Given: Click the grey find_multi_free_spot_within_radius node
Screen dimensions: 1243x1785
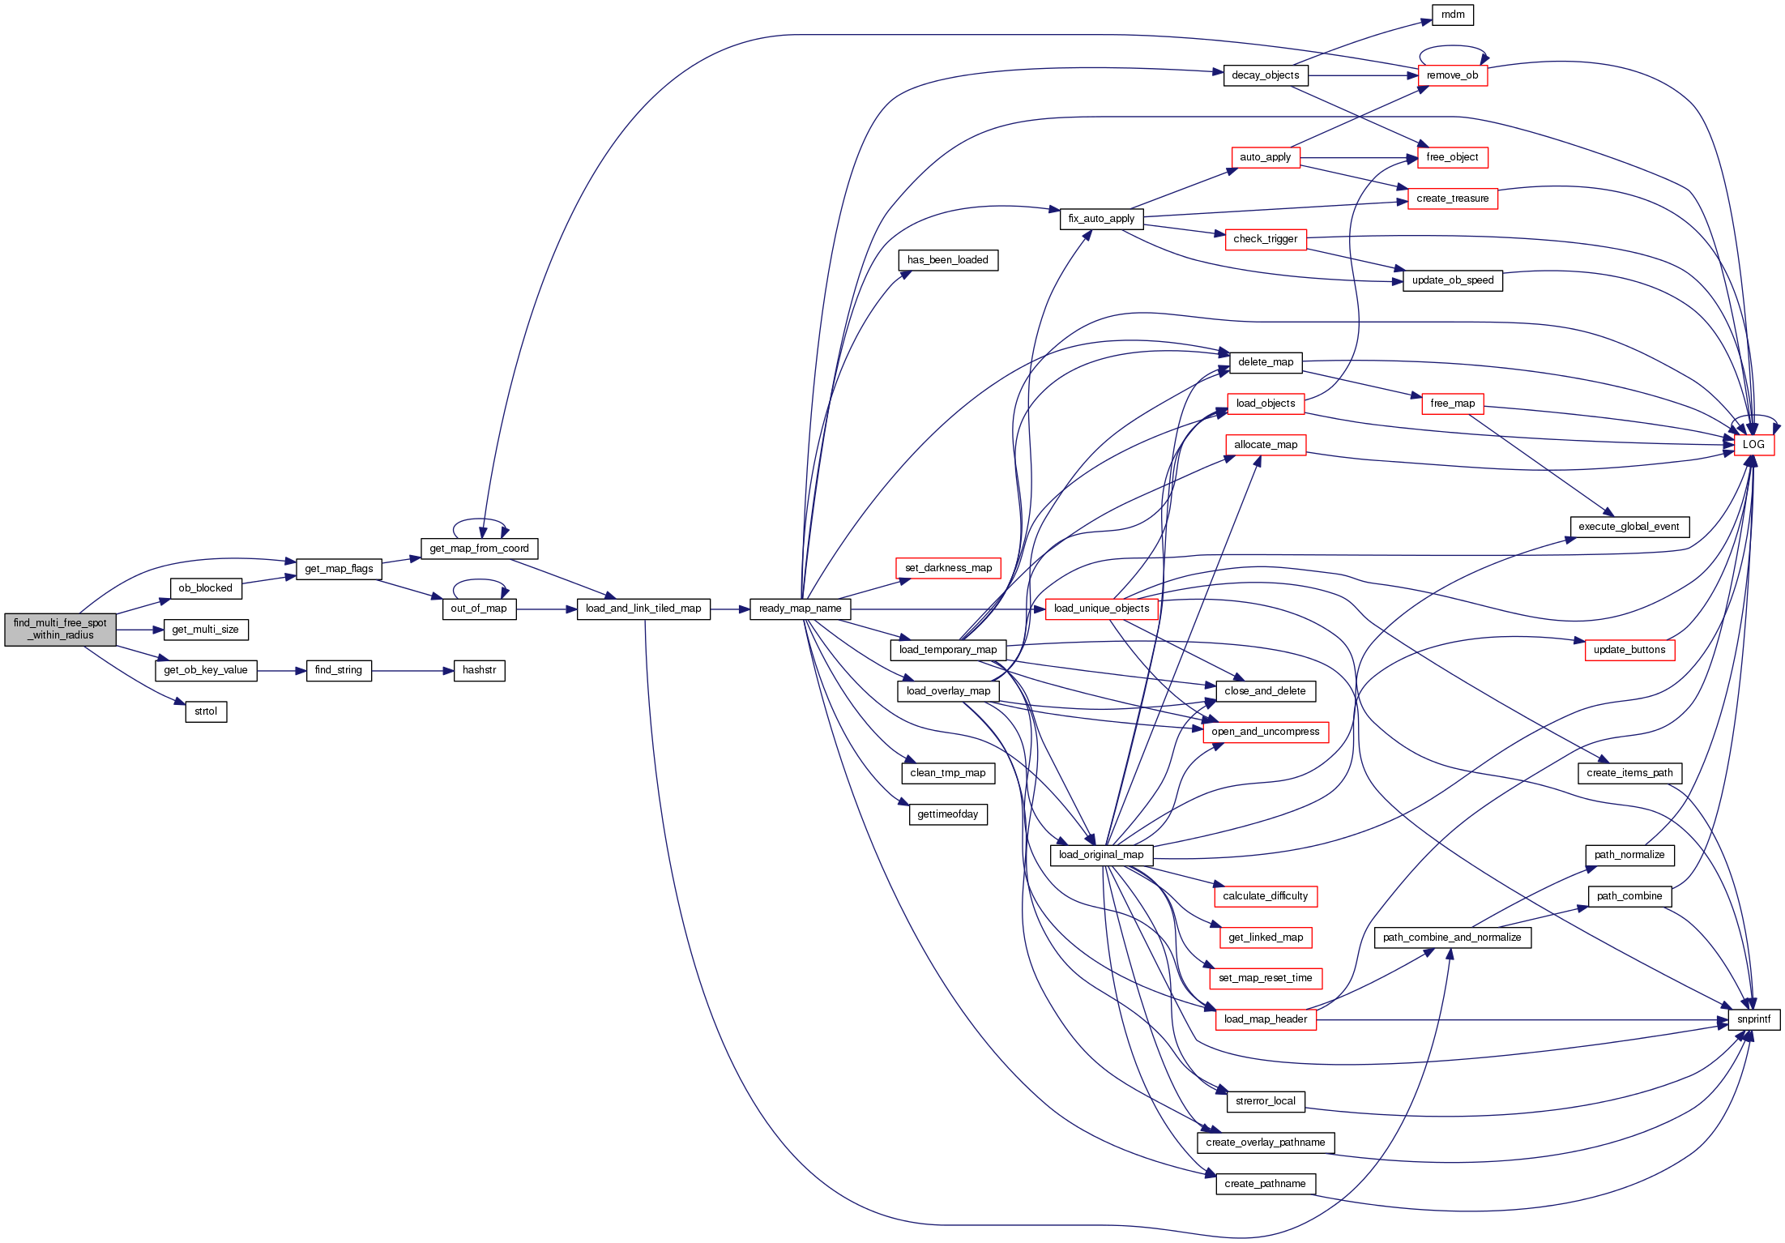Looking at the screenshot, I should point(60,629).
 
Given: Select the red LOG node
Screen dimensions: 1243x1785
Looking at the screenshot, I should point(1753,445).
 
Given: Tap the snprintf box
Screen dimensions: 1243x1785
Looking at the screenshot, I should point(1753,1019).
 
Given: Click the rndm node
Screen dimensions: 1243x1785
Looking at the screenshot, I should point(1453,15).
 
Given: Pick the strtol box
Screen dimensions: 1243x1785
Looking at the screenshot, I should point(206,711).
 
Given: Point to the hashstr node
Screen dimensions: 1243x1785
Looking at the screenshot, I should point(479,670).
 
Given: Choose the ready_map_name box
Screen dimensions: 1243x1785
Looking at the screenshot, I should point(800,609).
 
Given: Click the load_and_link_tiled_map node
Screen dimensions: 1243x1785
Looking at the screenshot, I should point(643,609).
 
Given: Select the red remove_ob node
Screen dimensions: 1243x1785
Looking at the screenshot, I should point(1452,75).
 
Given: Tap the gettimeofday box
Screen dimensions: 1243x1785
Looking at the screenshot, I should point(948,814).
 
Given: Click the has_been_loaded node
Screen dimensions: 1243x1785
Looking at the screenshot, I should point(948,260).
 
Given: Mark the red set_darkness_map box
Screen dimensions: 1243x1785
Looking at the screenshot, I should point(948,568).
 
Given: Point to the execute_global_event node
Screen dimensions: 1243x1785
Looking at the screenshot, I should point(1629,527).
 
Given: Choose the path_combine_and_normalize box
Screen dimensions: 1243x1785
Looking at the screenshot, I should point(1452,938).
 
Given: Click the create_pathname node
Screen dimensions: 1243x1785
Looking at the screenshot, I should point(1265,1184).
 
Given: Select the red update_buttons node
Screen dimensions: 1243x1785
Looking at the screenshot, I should point(1629,650).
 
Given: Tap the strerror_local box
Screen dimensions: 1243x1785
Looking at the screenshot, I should point(1265,1101).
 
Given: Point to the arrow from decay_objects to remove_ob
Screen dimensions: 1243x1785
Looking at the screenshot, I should point(1361,75).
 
